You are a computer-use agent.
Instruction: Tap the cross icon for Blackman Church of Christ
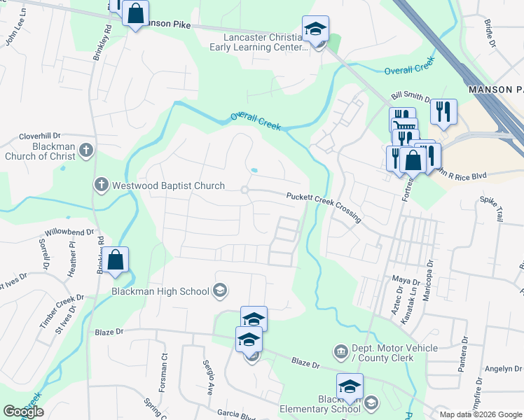(x=85, y=150)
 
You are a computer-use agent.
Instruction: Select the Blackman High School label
(x=160, y=291)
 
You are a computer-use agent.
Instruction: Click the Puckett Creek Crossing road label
(x=324, y=208)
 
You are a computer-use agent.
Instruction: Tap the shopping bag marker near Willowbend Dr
(x=117, y=259)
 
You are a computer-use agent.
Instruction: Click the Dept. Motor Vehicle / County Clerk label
(x=395, y=353)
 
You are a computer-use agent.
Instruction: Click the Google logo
(x=24, y=412)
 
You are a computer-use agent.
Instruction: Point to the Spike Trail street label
(x=491, y=209)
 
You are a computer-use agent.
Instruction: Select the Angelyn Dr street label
(x=504, y=369)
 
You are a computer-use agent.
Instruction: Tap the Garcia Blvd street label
(x=237, y=413)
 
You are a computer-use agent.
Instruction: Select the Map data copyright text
(x=480, y=414)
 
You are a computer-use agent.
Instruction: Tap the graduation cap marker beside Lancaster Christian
(x=315, y=29)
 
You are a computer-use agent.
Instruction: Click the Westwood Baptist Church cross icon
(x=102, y=185)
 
